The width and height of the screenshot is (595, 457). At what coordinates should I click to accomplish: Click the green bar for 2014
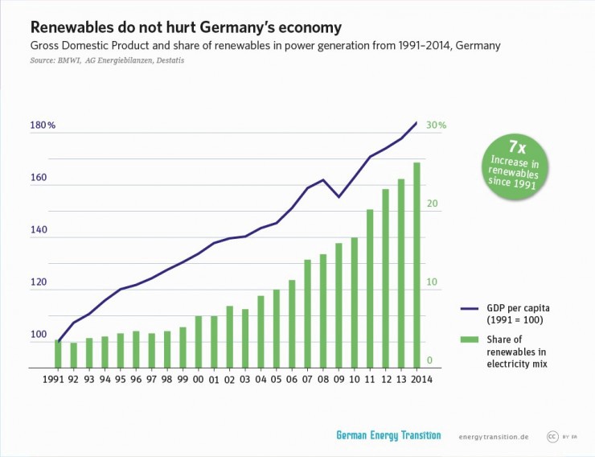[416, 266]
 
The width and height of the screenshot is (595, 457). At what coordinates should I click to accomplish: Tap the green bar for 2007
[307, 314]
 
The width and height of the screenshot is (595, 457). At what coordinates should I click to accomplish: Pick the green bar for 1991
[58, 353]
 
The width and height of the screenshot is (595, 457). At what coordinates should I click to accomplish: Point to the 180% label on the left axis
[43, 126]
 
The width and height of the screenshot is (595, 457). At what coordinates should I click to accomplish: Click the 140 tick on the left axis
[39, 230]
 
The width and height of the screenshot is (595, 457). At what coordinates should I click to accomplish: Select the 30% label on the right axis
[437, 126]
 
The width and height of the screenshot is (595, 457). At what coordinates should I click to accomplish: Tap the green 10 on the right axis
[432, 282]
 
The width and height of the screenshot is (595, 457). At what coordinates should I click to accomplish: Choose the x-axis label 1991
[53, 377]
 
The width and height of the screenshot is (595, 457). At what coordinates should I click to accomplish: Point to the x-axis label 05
[276, 377]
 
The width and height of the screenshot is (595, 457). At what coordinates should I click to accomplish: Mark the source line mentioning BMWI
[101, 60]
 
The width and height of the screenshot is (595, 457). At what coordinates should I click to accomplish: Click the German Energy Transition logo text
[388, 435]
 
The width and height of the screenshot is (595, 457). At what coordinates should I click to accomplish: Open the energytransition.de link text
[493, 437]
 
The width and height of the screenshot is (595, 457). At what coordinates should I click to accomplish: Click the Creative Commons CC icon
[552, 436]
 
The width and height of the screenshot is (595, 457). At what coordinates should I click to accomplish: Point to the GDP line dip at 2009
[339, 196]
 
